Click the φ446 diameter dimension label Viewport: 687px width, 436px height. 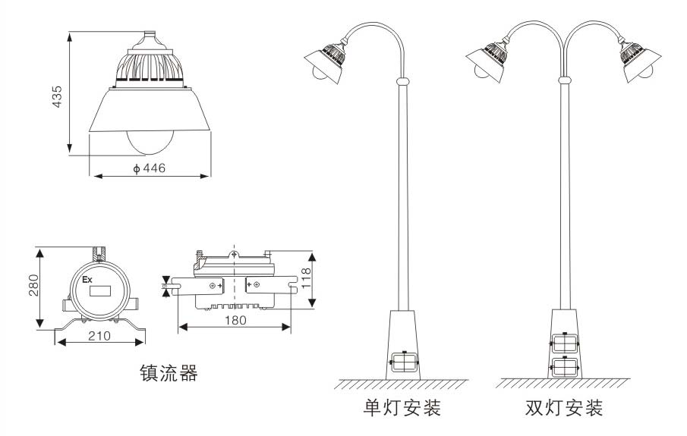tap(149, 168)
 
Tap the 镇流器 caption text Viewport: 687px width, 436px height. tap(169, 373)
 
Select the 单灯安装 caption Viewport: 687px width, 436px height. tap(402, 409)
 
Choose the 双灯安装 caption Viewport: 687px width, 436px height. tap(564, 409)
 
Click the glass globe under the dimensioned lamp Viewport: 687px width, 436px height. tap(151, 140)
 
